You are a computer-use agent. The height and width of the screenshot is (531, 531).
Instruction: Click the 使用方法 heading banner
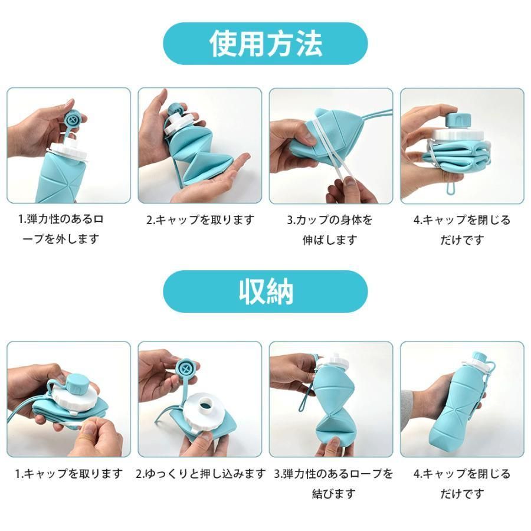[265, 44]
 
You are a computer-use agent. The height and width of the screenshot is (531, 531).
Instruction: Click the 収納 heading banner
[265, 291]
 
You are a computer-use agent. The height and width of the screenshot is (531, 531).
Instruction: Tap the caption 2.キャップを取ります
[200, 220]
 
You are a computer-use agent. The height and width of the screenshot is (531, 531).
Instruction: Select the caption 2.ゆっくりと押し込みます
[201, 473]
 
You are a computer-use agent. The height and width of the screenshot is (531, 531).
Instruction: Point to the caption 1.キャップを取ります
[68, 473]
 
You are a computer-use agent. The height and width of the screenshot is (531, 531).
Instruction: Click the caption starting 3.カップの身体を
[330, 230]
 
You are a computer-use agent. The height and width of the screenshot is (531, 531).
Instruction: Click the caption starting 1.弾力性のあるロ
[61, 230]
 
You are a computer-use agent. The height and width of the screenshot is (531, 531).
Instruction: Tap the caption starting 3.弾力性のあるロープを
[333, 483]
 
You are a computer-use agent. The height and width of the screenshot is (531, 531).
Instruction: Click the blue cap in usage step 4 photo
[458, 120]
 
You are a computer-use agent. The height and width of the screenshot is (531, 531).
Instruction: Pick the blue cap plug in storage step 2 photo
[186, 369]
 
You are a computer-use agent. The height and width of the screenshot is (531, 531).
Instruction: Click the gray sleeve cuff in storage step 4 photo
[407, 411]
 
